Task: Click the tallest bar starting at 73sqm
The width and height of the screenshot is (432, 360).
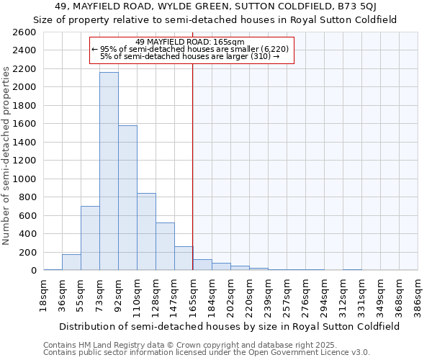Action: (x=109, y=171)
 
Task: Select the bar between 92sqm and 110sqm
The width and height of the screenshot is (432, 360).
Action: (x=127, y=198)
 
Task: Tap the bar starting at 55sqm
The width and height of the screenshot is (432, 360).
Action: (x=90, y=238)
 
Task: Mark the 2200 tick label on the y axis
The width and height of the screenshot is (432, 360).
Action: (x=24, y=69)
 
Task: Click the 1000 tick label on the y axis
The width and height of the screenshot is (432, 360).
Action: (x=24, y=179)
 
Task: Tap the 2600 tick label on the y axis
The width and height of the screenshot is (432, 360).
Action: (x=24, y=32)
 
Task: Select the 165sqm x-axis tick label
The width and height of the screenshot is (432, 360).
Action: (x=193, y=295)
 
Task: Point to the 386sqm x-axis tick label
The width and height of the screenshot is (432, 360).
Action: (x=418, y=295)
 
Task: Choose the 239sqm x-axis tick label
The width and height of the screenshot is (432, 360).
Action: (x=268, y=295)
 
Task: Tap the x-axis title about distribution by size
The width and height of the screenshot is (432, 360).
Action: (x=230, y=326)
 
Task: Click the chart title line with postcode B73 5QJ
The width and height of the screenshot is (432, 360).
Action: (x=215, y=6)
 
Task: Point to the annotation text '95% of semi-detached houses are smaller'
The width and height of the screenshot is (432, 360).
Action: (x=193, y=49)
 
